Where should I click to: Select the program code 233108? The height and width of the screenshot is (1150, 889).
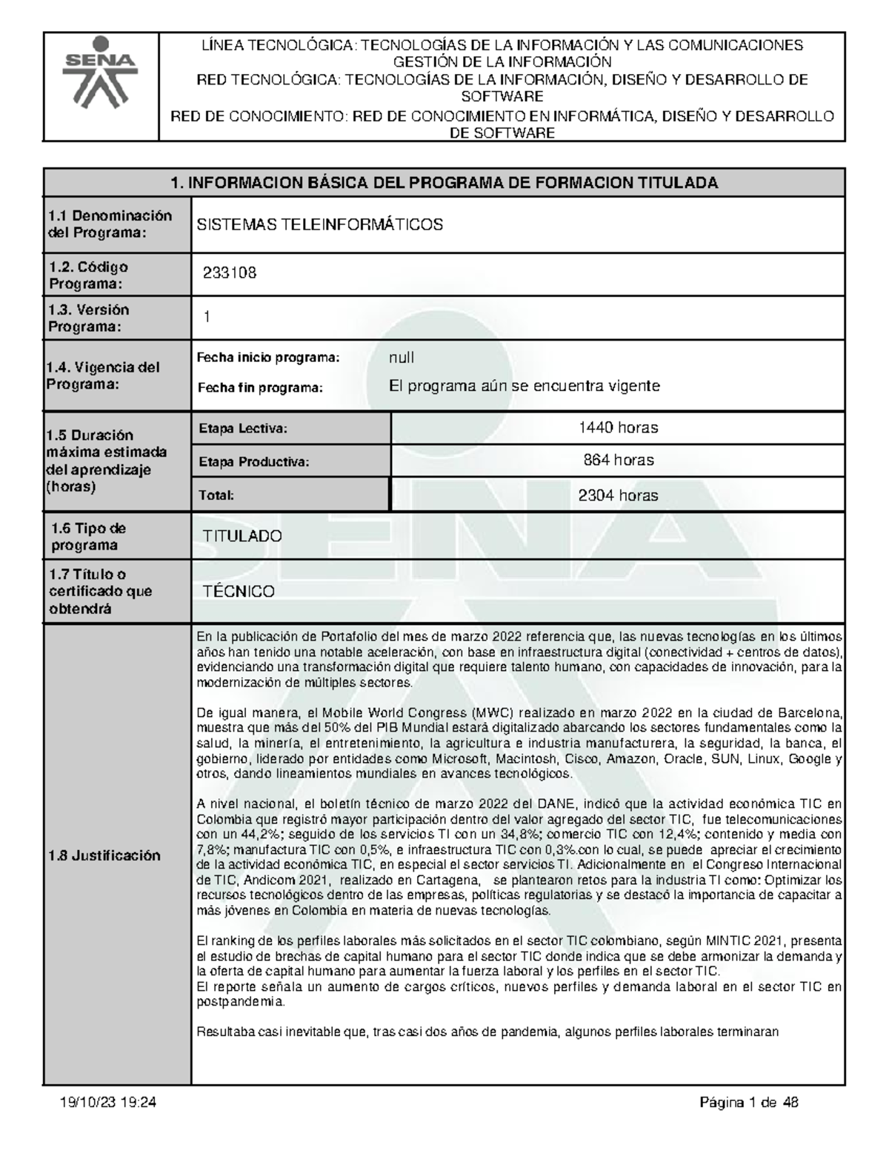click(230, 273)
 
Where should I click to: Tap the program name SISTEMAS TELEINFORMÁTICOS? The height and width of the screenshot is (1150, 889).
click(319, 224)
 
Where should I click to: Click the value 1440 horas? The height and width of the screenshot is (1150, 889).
click(618, 427)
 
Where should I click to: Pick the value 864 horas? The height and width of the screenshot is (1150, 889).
click(618, 461)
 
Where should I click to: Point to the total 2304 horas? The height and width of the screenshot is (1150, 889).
click(618, 495)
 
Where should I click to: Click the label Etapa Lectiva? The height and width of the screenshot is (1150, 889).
click(242, 428)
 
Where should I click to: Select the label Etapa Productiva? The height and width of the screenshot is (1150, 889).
click(253, 462)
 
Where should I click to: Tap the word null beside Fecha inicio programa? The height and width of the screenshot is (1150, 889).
click(402, 358)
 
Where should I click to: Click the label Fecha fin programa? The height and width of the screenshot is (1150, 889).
click(260, 387)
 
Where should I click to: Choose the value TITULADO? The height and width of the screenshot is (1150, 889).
click(243, 536)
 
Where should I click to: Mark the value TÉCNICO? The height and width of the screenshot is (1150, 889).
click(239, 592)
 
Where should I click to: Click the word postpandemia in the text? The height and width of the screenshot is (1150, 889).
click(239, 1001)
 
